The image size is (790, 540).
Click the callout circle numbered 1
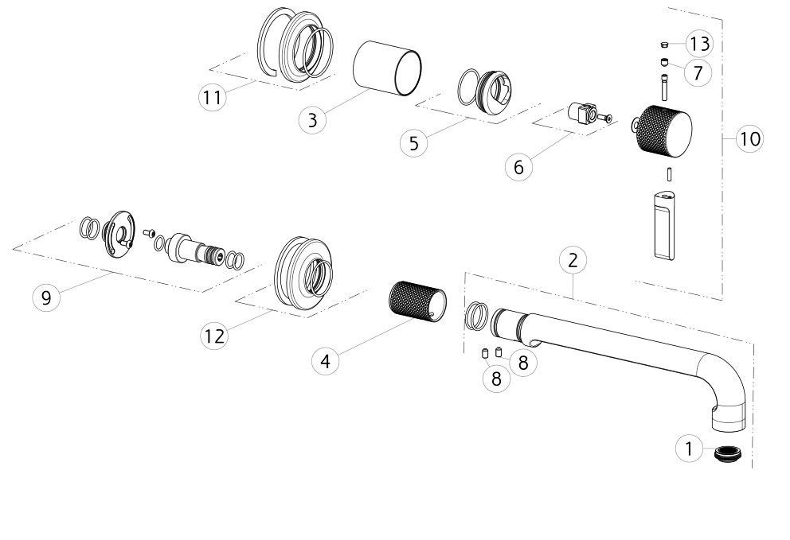click(689, 448)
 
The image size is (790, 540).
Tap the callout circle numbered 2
click(573, 260)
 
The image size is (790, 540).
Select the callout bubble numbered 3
click(312, 120)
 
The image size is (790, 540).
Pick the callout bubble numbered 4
click(326, 361)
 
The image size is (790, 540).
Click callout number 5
click(414, 143)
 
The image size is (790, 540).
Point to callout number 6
click(519, 166)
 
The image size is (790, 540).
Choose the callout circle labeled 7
click(698, 72)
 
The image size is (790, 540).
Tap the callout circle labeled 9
click(46, 297)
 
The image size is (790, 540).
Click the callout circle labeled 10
click(749, 138)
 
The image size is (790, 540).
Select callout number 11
click(212, 96)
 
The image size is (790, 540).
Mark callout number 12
click(214, 335)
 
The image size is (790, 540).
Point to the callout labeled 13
click(699, 43)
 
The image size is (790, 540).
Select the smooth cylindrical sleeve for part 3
click(387, 68)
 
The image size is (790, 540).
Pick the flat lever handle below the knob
click(663, 225)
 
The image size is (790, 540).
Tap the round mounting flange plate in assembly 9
click(119, 234)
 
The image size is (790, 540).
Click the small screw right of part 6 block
click(604, 118)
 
